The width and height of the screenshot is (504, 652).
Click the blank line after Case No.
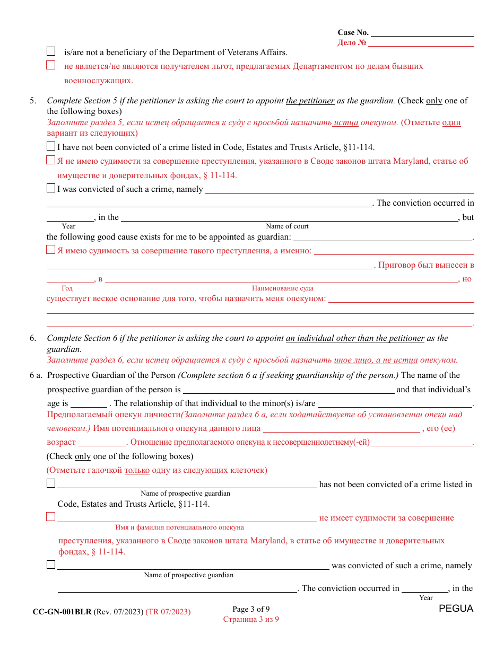click(422, 32)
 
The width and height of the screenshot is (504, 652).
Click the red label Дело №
click(352, 43)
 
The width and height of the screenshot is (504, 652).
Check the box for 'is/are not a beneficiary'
click(51, 51)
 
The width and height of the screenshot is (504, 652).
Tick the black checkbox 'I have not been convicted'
click(51, 147)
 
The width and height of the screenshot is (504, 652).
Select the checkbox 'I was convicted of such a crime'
click(51, 188)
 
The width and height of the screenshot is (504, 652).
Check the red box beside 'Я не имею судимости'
click(51, 161)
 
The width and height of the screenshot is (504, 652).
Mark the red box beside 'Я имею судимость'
click(51, 250)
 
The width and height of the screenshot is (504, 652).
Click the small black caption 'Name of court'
click(287, 226)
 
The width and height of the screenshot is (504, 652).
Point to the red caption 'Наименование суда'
click(282, 288)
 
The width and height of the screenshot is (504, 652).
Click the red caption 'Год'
click(67, 288)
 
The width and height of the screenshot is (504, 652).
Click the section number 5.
click(33, 101)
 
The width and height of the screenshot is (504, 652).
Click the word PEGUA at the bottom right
click(456, 609)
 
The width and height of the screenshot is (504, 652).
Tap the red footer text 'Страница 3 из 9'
click(251, 619)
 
